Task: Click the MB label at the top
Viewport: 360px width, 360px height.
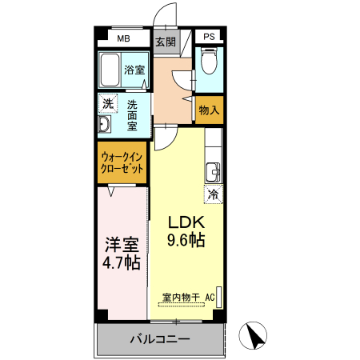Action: (124, 38)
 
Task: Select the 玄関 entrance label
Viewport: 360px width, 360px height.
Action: (165, 42)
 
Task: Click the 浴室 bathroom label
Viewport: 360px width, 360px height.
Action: (134, 70)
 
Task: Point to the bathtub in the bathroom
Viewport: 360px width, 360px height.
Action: (110, 70)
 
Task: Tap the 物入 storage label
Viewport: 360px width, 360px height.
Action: (209, 110)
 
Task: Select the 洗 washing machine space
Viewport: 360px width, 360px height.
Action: (107, 103)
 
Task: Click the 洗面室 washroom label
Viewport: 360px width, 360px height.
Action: (132, 114)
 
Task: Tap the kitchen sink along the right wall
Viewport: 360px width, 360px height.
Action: (213, 171)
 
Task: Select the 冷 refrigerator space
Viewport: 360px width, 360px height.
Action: (213, 194)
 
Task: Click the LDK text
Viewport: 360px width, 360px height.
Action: (186, 222)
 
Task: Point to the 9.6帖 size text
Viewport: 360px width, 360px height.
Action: (186, 240)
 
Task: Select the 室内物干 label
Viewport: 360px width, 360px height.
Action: (182, 298)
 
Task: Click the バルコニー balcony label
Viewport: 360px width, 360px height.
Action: (160, 339)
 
